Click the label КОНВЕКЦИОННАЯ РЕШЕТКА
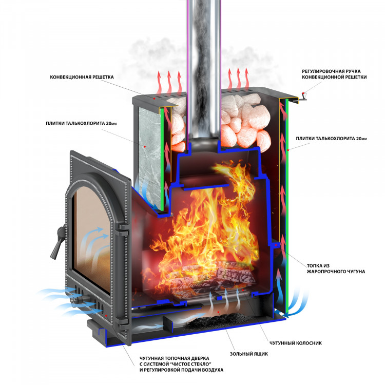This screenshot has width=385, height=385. pos(82,77)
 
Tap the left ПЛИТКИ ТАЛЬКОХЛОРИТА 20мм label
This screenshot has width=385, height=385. pos(81,123)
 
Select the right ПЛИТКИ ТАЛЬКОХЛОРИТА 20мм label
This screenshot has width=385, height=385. pos(331,139)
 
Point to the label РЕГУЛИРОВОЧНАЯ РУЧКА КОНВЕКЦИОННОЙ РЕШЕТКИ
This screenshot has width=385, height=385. pos(334,74)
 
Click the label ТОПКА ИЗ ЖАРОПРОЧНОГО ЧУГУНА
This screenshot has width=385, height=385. pos(336,268)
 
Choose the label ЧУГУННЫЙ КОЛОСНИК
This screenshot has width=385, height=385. pos(295,343)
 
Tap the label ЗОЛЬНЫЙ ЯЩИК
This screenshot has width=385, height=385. pos(249,354)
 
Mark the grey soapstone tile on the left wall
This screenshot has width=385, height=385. pos(149,157)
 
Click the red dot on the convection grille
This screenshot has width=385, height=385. pos(154,98)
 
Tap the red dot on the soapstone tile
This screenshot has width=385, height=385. pos(145,147)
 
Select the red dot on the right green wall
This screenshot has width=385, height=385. pos(287,150)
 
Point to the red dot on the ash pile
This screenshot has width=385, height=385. pos(219,312)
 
